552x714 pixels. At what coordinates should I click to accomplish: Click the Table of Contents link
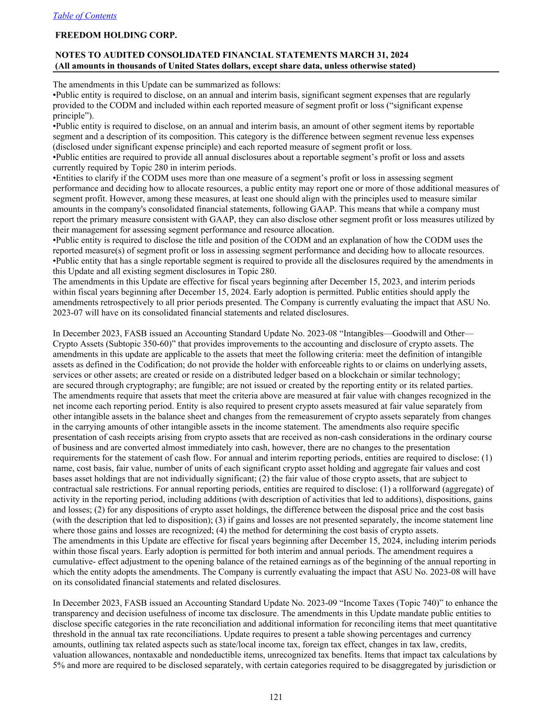pyautogui.click(x=85, y=16)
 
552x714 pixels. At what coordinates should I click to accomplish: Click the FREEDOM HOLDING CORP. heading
pyautogui.click(x=116, y=35)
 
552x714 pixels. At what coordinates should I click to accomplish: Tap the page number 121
pyautogui.click(x=276, y=696)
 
